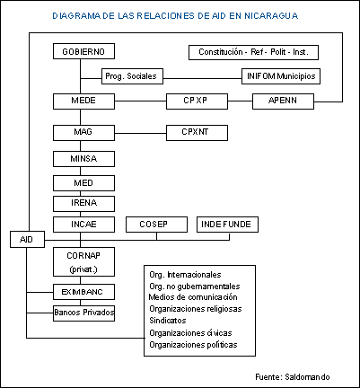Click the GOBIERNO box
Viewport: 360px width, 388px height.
click(x=83, y=51)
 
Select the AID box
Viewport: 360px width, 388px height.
click(x=27, y=239)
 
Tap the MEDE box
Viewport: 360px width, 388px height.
click(x=83, y=101)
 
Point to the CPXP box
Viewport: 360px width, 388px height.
click(x=197, y=101)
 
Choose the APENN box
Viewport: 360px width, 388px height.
click(x=283, y=101)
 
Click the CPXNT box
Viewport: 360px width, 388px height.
click(x=197, y=133)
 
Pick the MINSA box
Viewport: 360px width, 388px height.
click(x=83, y=159)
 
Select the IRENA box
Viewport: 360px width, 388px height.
click(x=83, y=204)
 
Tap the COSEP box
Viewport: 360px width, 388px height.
click(x=156, y=225)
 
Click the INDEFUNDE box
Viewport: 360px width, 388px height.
click(x=227, y=225)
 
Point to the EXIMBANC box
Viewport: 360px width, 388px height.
click(x=83, y=292)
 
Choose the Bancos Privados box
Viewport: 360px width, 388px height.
click(x=83, y=313)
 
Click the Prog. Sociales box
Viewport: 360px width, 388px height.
click(x=132, y=76)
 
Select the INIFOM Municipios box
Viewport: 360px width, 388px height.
click(x=281, y=76)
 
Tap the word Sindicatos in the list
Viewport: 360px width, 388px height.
click(x=168, y=321)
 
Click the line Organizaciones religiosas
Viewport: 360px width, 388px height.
click(x=196, y=309)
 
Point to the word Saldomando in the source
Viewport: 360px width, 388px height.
click(x=307, y=376)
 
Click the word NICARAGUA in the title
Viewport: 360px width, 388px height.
click(x=271, y=15)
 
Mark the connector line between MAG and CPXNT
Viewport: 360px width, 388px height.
click(x=140, y=133)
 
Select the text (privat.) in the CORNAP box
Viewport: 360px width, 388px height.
click(x=83, y=269)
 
